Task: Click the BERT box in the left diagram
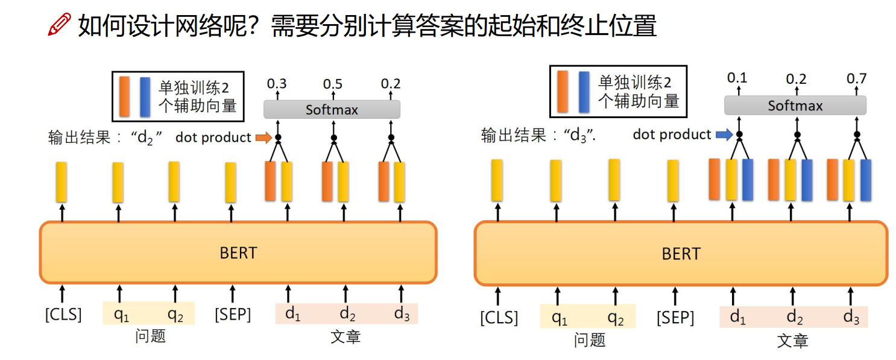238,253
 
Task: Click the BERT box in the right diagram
681,254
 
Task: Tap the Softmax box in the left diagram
332,110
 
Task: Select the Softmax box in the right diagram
795,106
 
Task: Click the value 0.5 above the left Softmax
333,84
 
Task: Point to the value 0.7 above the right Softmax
856,79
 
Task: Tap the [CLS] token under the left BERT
63,314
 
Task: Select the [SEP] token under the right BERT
675,317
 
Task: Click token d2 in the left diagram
347,314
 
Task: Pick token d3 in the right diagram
851,317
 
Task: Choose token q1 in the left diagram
121,314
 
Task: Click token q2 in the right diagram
615,317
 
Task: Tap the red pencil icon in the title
59,27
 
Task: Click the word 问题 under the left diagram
150,335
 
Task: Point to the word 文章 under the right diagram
792,340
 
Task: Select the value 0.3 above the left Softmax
277,84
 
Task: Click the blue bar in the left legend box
145,96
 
